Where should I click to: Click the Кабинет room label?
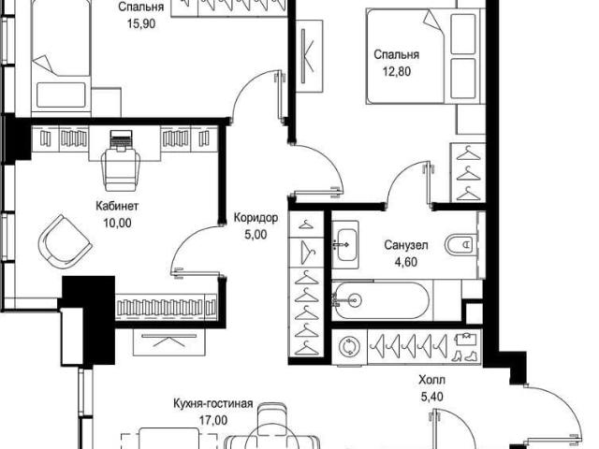coord(117,206)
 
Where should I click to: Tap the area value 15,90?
coord(141,24)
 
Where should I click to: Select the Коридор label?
coord(256,218)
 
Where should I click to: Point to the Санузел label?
coord(405,245)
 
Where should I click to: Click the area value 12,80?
coord(397,71)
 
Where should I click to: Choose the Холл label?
coord(431,381)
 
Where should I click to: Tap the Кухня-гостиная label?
coord(213,403)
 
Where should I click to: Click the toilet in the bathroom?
coord(460,244)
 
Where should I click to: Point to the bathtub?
coord(382,300)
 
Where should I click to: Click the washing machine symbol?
coord(349,347)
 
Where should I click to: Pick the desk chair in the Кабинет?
coord(121,169)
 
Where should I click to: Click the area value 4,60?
coord(405,262)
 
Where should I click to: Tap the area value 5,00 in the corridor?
coord(256,235)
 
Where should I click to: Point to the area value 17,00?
coord(213,420)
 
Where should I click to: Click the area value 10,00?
coord(117,223)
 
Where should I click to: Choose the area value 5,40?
coord(431,397)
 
